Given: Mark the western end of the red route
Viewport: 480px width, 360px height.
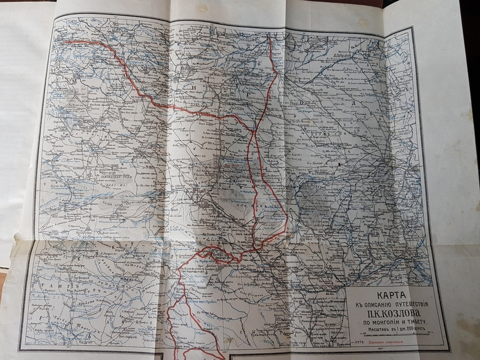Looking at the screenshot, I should (x=66, y=42).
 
